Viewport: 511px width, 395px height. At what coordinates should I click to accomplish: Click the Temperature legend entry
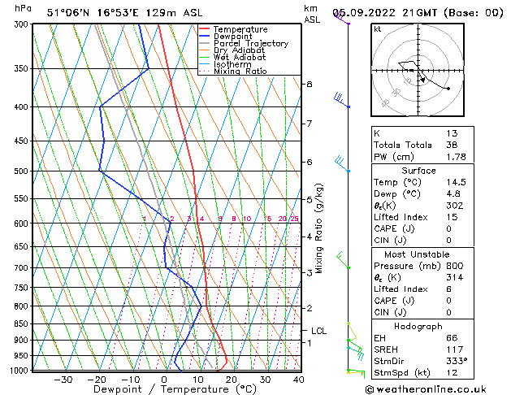coord(240,29)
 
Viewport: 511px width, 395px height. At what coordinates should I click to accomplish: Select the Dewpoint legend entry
coord(235,37)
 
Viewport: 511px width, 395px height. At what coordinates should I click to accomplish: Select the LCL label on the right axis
coord(318,331)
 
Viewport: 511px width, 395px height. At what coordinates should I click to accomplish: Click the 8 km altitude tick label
coord(309,85)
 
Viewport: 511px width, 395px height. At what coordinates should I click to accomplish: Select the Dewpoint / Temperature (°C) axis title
coord(162,390)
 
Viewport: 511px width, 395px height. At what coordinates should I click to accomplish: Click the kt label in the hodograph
coord(377,29)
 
